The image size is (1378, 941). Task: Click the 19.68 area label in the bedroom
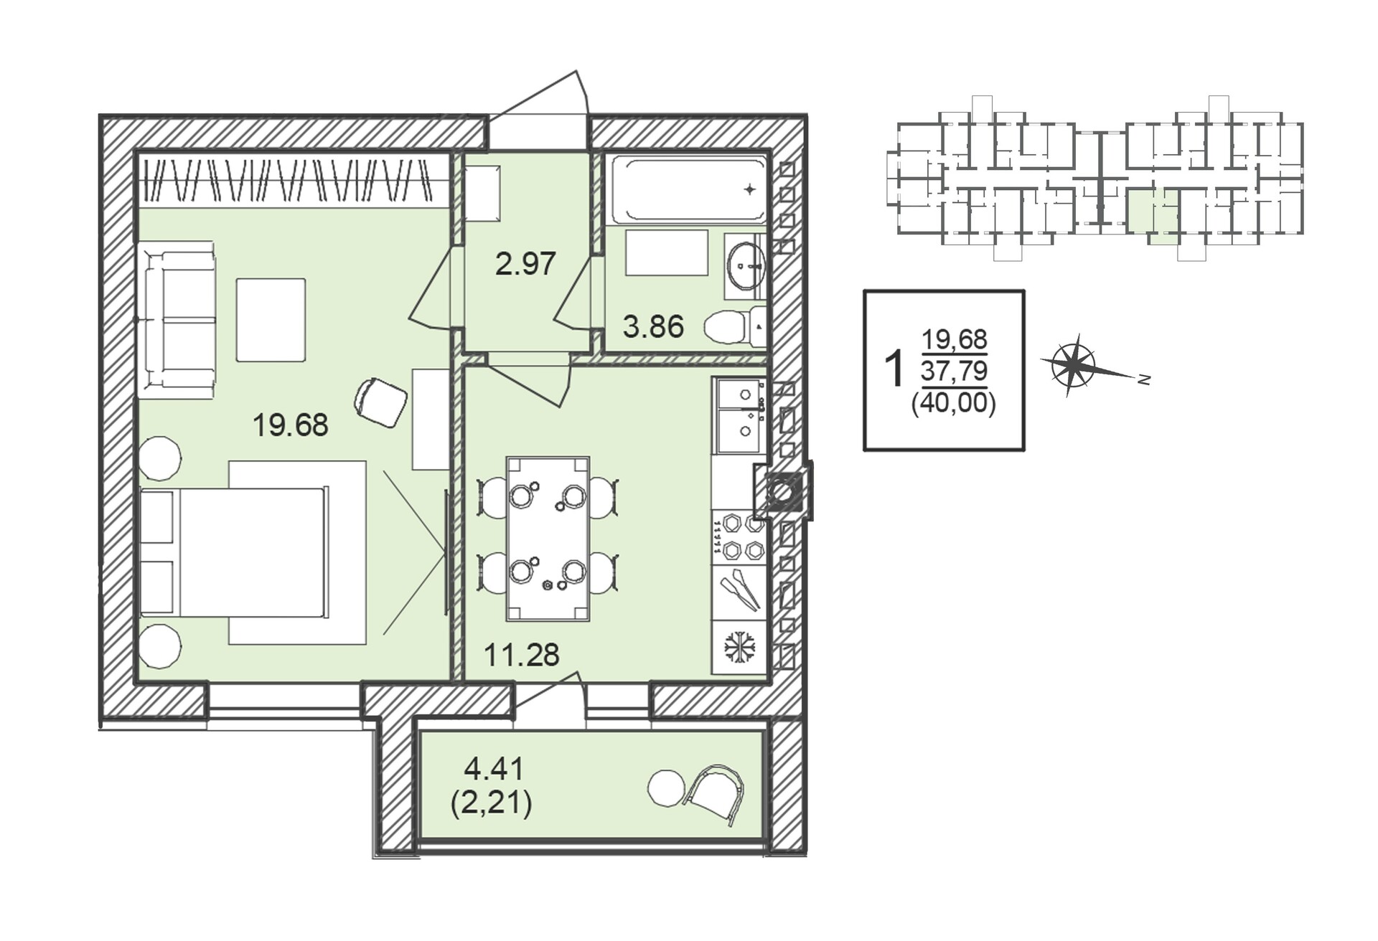pyautogui.click(x=290, y=425)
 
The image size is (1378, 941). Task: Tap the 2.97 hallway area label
pyautogui.click(x=525, y=264)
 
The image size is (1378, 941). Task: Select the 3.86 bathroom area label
pyautogui.click(x=653, y=327)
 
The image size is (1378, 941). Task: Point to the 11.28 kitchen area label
pyautogui.click(x=522, y=655)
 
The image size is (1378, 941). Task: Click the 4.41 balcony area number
pyautogui.click(x=494, y=770)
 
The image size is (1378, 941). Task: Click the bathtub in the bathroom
pyautogui.click(x=688, y=189)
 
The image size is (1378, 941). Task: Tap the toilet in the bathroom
pyautogui.click(x=734, y=328)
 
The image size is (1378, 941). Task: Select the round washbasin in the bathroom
pyautogui.click(x=746, y=265)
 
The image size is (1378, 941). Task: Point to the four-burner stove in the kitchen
pyautogui.click(x=739, y=537)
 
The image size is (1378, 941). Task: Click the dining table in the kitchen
pyautogui.click(x=548, y=539)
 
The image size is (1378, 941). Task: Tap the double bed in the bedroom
pyautogui.click(x=235, y=552)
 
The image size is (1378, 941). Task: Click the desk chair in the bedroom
pyautogui.click(x=380, y=402)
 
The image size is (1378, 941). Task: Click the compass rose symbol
pyautogui.click(x=1073, y=366)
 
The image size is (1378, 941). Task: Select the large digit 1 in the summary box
pyautogui.click(x=894, y=369)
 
